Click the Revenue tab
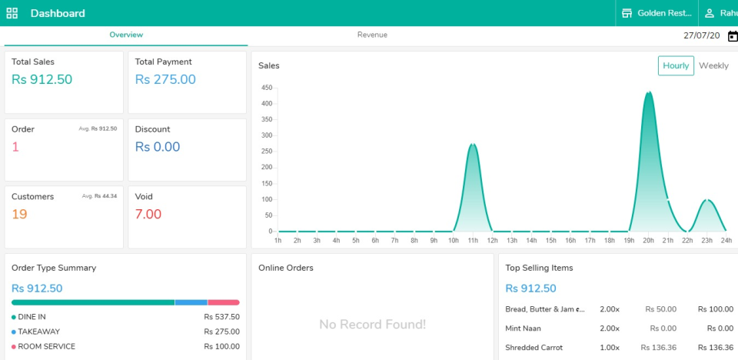[372, 35]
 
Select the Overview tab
[126, 35]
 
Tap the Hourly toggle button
[676, 66]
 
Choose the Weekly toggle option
[713, 66]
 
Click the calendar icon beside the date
[733, 36]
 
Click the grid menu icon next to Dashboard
[12, 13]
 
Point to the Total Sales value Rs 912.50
[42, 79]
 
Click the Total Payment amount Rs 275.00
[165, 79]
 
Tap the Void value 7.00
[148, 214]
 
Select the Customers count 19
[19, 214]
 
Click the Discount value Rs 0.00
[158, 147]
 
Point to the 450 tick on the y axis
[267, 87]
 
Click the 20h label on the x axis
[648, 241]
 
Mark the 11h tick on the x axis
[473, 241]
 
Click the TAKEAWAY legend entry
[38, 332]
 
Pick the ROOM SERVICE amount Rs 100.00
[221, 347]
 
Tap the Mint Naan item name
[522, 328]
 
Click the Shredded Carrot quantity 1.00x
[610, 348]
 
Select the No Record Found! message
[372, 325]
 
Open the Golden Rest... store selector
[657, 13]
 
